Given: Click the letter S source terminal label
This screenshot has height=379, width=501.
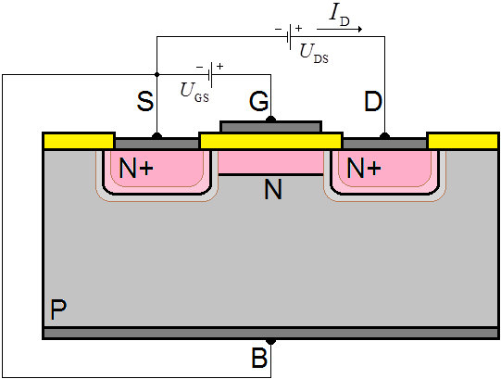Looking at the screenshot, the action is [145, 101].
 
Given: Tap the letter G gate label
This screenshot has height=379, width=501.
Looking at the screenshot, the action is [259, 101].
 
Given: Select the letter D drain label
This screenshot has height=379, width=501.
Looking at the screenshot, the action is [373, 101].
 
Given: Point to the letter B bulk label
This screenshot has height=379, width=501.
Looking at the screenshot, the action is [259, 358].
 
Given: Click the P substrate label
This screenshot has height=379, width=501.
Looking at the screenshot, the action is [58, 310].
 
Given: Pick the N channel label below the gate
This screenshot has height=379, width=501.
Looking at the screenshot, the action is [273, 189].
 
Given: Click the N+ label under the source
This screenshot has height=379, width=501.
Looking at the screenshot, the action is [136, 168].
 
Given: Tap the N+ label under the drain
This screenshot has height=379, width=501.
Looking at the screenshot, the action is [364, 168].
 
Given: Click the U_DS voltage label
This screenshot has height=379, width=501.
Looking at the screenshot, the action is [314, 54].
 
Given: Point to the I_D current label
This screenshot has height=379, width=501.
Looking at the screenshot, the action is [339, 16].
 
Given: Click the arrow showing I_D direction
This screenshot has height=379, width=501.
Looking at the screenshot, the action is [339, 29].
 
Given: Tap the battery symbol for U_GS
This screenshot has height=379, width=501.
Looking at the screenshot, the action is [210, 75].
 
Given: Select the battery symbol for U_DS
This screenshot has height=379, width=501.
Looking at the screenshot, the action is [289, 37].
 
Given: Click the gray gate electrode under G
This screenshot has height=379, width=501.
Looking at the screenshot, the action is [271, 127].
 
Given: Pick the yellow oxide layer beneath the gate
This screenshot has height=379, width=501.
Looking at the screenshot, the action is [271, 141].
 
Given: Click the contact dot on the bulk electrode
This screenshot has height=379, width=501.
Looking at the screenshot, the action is [271, 342].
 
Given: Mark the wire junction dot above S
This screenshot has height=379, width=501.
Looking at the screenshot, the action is [157, 74].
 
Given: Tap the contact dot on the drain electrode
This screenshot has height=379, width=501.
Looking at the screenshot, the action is [384, 136].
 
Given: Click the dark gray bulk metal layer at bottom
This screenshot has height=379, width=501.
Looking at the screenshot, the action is [271, 333].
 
